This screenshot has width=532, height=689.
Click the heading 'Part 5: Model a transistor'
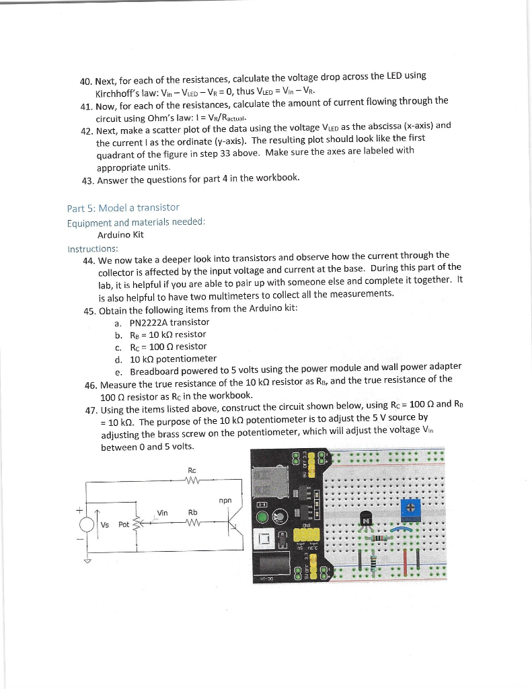pos(123,207)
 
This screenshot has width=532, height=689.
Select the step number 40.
pos(86,82)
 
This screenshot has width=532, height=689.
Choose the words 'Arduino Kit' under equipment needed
pos(120,235)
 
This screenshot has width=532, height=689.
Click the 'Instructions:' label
pos(92,248)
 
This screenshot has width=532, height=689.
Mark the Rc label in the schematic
pos(192,470)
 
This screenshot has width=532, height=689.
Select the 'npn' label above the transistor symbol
pos(224,500)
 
